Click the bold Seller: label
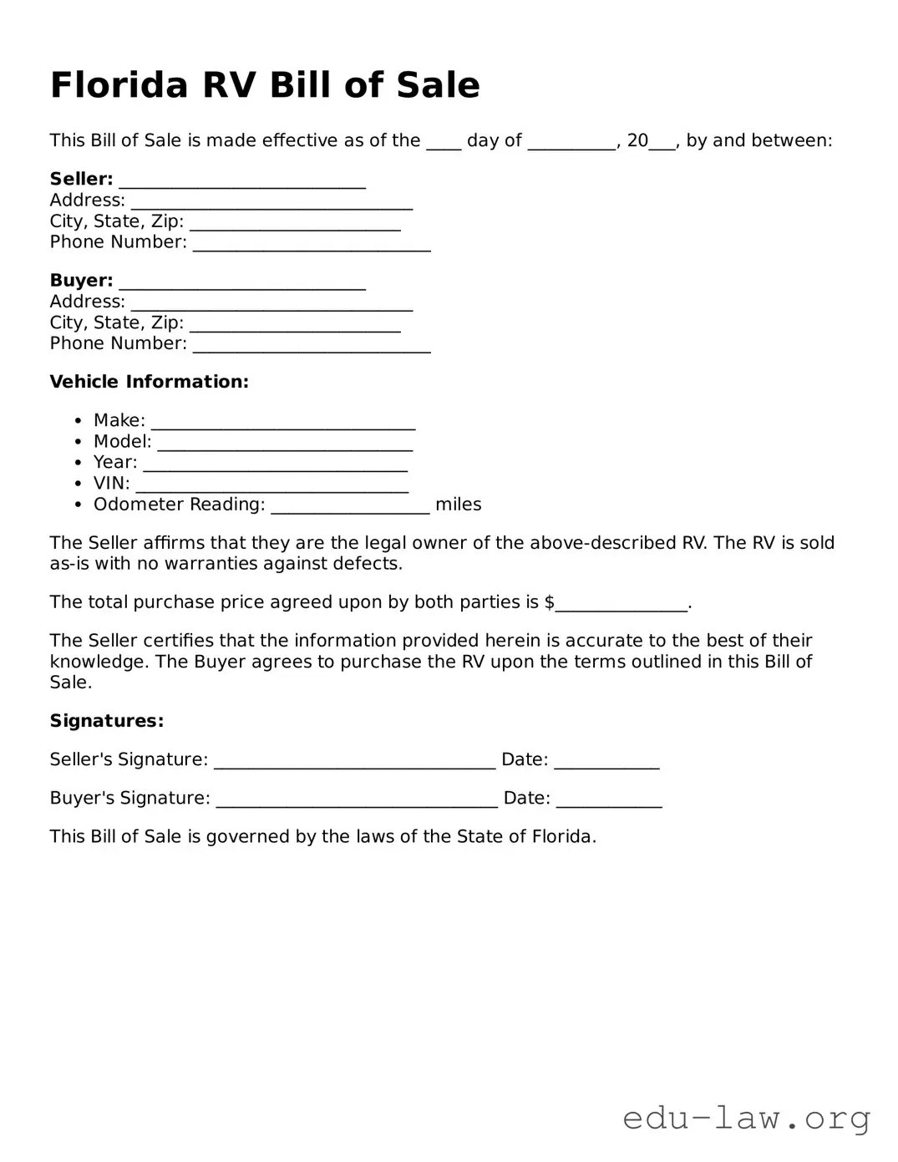[x=81, y=179]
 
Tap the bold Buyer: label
[x=81, y=281]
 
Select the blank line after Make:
[x=283, y=423]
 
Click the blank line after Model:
[x=285, y=444]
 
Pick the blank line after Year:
[x=275, y=464]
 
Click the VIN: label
[x=111, y=484]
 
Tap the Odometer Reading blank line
[x=350, y=506]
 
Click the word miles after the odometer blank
[x=458, y=505]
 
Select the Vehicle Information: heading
[x=149, y=382]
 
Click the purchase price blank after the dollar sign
[x=621, y=605]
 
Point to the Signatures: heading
[x=106, y=721]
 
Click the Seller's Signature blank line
[x=354, y=762]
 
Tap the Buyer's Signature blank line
[x=357, y=800]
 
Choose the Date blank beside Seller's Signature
[x=606, y=762]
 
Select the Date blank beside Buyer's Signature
[x=609, y=800]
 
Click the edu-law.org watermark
[x=746, y=1117]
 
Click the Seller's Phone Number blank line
[x=312, y=245]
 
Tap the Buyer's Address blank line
[x=271, y=304]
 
